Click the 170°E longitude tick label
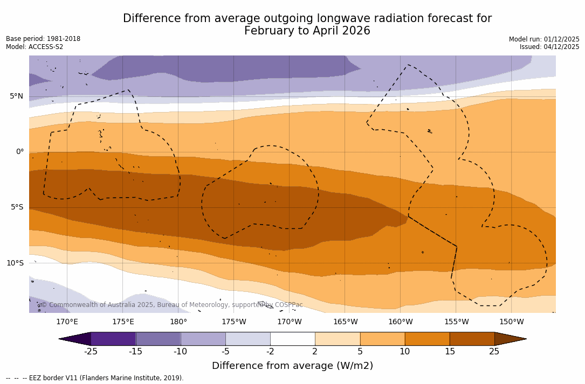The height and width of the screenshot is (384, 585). click(x=67, y=322)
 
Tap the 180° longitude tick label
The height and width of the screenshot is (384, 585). click(x=178, y=322)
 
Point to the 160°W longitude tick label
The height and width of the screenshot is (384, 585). click(x=401, y=322)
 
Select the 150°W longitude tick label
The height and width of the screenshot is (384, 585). click(x=512, y=322)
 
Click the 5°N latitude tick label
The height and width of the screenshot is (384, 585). click(x=16, y=96)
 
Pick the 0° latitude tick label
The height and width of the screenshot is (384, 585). click(x=20, y=152)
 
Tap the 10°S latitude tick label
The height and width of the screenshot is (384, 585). click(x=15, y=263)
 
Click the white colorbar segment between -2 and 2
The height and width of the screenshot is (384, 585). click(x=292, y=339)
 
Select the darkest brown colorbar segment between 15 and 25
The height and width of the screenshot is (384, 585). click(x=472, y=339)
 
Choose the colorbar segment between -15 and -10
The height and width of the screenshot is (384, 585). click(x=158, y=339)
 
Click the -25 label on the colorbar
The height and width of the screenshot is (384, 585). click(x=91, y=352)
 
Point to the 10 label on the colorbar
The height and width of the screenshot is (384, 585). click(x=404, y=352)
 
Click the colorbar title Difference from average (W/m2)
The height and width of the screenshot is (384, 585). click(x=292, y=366)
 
